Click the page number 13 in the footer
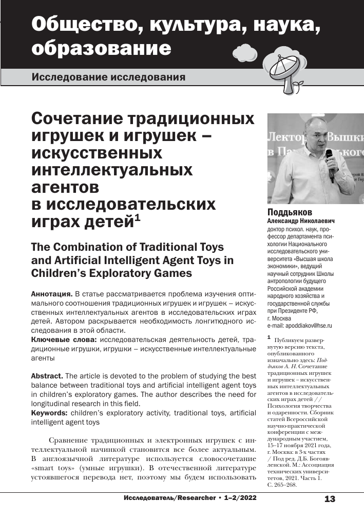tap(330, 498)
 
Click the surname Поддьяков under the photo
tap(290, 213)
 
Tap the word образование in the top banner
tap(101, 49)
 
